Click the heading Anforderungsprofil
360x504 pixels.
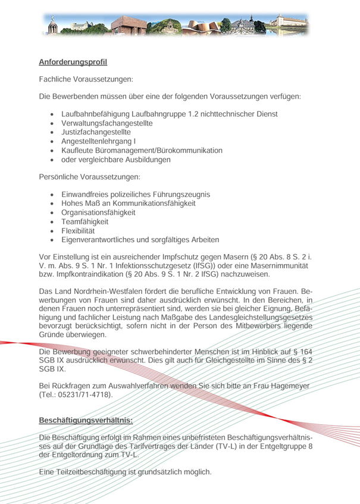(73, 62)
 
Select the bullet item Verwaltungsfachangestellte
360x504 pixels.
(107, 123)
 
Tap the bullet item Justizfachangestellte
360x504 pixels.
(96, 132)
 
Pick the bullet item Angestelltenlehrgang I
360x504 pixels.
(99, 142)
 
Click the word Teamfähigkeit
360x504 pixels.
(84, 221)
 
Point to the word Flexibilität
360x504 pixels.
(78, 230)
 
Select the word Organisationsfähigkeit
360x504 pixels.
(98, 212)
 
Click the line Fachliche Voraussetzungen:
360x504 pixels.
(86, 79)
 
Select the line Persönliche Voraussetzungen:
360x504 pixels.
(89, 177)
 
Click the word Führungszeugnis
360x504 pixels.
(181, 195)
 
